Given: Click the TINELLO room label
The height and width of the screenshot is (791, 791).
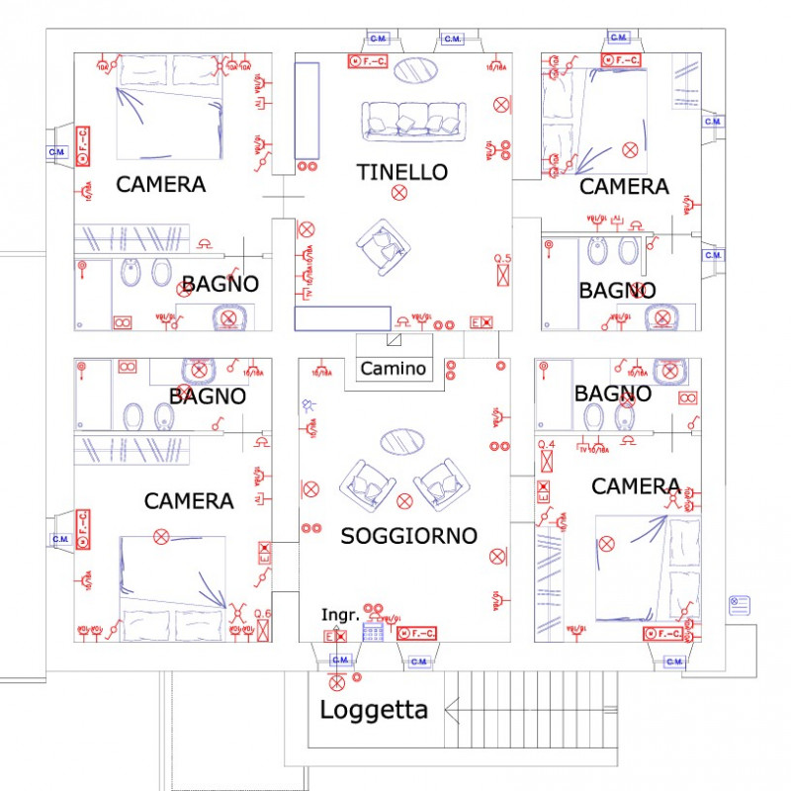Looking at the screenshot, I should (x=401, y=172).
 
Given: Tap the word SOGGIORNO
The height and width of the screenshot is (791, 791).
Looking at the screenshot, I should (x=408, y=536).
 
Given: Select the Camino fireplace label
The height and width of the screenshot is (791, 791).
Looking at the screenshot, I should (x=393, y=369).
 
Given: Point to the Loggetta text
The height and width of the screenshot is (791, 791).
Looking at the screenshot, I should (x=374, y=710).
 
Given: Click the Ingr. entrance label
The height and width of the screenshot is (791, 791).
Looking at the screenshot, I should (x=339, y=615).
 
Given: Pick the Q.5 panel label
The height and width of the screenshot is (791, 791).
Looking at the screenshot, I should (x=503, y=259).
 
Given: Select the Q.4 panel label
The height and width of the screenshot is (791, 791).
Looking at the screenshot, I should (x=546, y=447).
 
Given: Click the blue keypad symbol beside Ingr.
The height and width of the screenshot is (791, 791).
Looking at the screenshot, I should (x=373, y=633).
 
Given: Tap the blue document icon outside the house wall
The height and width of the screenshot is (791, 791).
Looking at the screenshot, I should (x=741, y=605).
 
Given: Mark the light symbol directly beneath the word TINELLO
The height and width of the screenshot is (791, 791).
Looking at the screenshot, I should (x=398, y=193).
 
